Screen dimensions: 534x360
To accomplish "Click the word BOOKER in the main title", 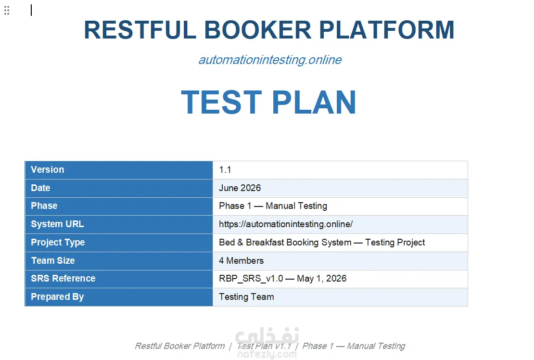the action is click(x=257, y=30).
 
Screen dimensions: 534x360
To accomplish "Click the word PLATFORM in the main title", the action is click(x=386, y=30).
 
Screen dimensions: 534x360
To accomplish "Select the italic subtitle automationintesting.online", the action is click(x=270, y=60).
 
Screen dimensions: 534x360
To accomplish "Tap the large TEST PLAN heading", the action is click(x=269, y=102).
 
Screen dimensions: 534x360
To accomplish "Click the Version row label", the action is click(x=47, y=169).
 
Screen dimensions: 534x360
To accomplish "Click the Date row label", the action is click(x=40, y=188).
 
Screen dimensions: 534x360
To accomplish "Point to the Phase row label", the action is click(x=44, y=206).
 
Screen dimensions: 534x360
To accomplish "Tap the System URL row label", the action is click(x=57, y=224).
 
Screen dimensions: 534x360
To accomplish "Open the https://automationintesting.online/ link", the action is click(x=286, y=224).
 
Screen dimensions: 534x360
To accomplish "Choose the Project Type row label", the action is click(x=58, y=243).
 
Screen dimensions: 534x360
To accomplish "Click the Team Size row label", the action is click(x=53, y=260).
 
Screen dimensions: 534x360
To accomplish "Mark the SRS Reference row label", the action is click(x=63, y=279).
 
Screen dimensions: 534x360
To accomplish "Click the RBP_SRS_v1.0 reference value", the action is click(x=251, y=279).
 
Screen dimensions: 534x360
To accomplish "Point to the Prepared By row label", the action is click(x=57, y=297).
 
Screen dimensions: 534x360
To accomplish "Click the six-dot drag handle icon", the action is click(x=7, y=11).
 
